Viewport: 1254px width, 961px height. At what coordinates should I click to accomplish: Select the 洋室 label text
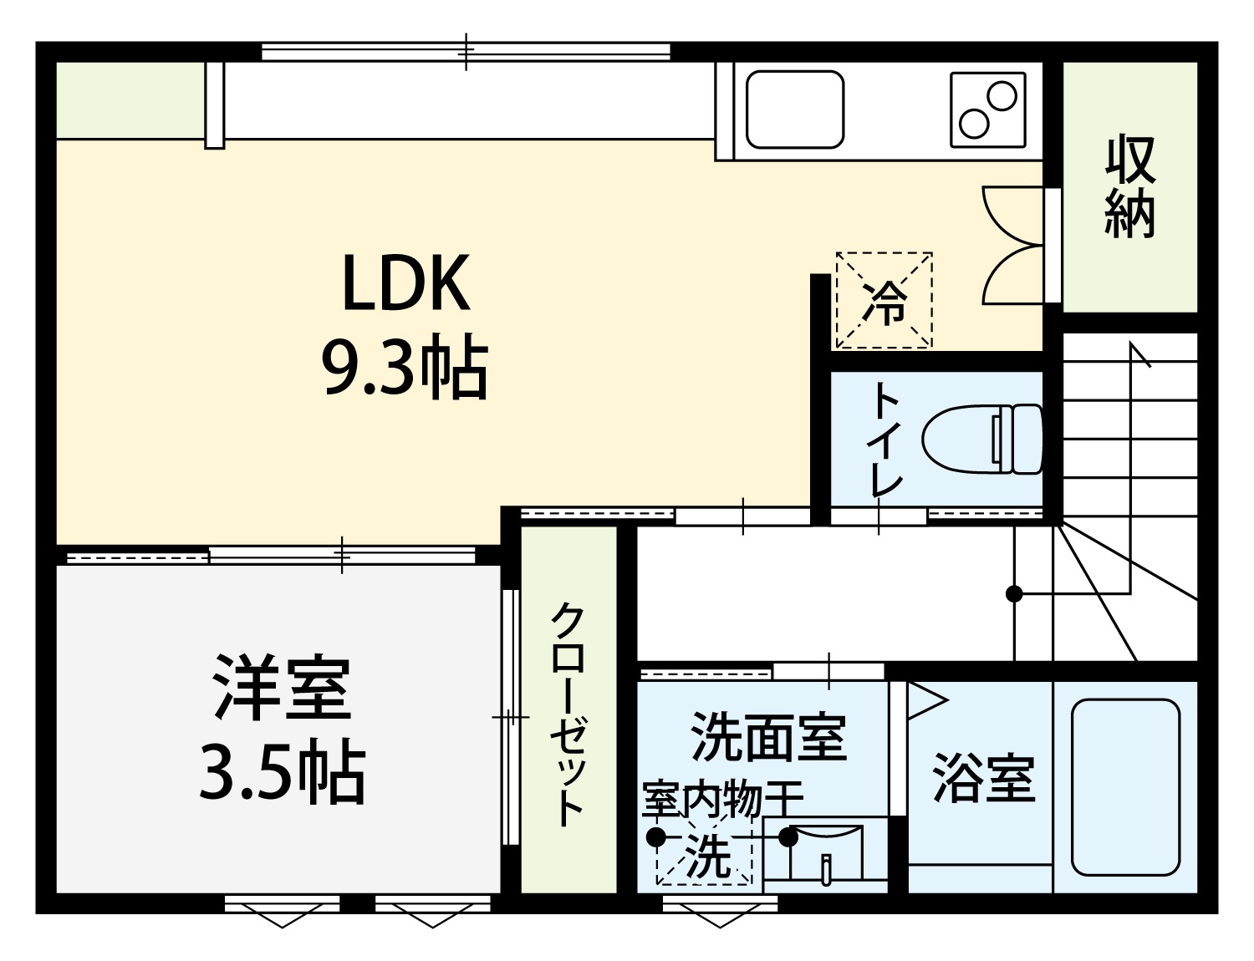pyautogui.click(x=283, y=687)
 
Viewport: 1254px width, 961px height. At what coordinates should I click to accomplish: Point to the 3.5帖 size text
pyautogui.click(x=283, y=772)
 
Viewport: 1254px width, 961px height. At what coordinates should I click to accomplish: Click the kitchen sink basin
pyautogui.click(x=795, y=109)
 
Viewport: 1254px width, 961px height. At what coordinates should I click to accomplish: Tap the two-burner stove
pyautogui.click(x=988, y=109)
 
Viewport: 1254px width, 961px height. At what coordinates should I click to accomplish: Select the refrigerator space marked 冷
pyautogui.click(x=884, y=300)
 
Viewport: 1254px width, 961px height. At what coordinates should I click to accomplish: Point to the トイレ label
pyautogui.click(x=886, y=439)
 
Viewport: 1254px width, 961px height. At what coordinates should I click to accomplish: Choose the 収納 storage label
pyautogui.click(x=1130, y=186)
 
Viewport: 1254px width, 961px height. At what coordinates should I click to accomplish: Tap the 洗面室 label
pyautogui.click(x=768, y=737)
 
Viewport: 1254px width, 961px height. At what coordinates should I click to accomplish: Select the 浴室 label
pyautogui.click(x=984, y=777)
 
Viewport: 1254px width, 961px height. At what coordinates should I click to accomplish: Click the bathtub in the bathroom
pyautogui.click(x=1125, y=787)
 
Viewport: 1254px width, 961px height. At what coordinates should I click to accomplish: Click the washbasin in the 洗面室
pyautogui.click(x=826, y=854)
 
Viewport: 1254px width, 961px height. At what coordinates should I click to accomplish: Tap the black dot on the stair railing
pyautogui.click(x=1013, y=593)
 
